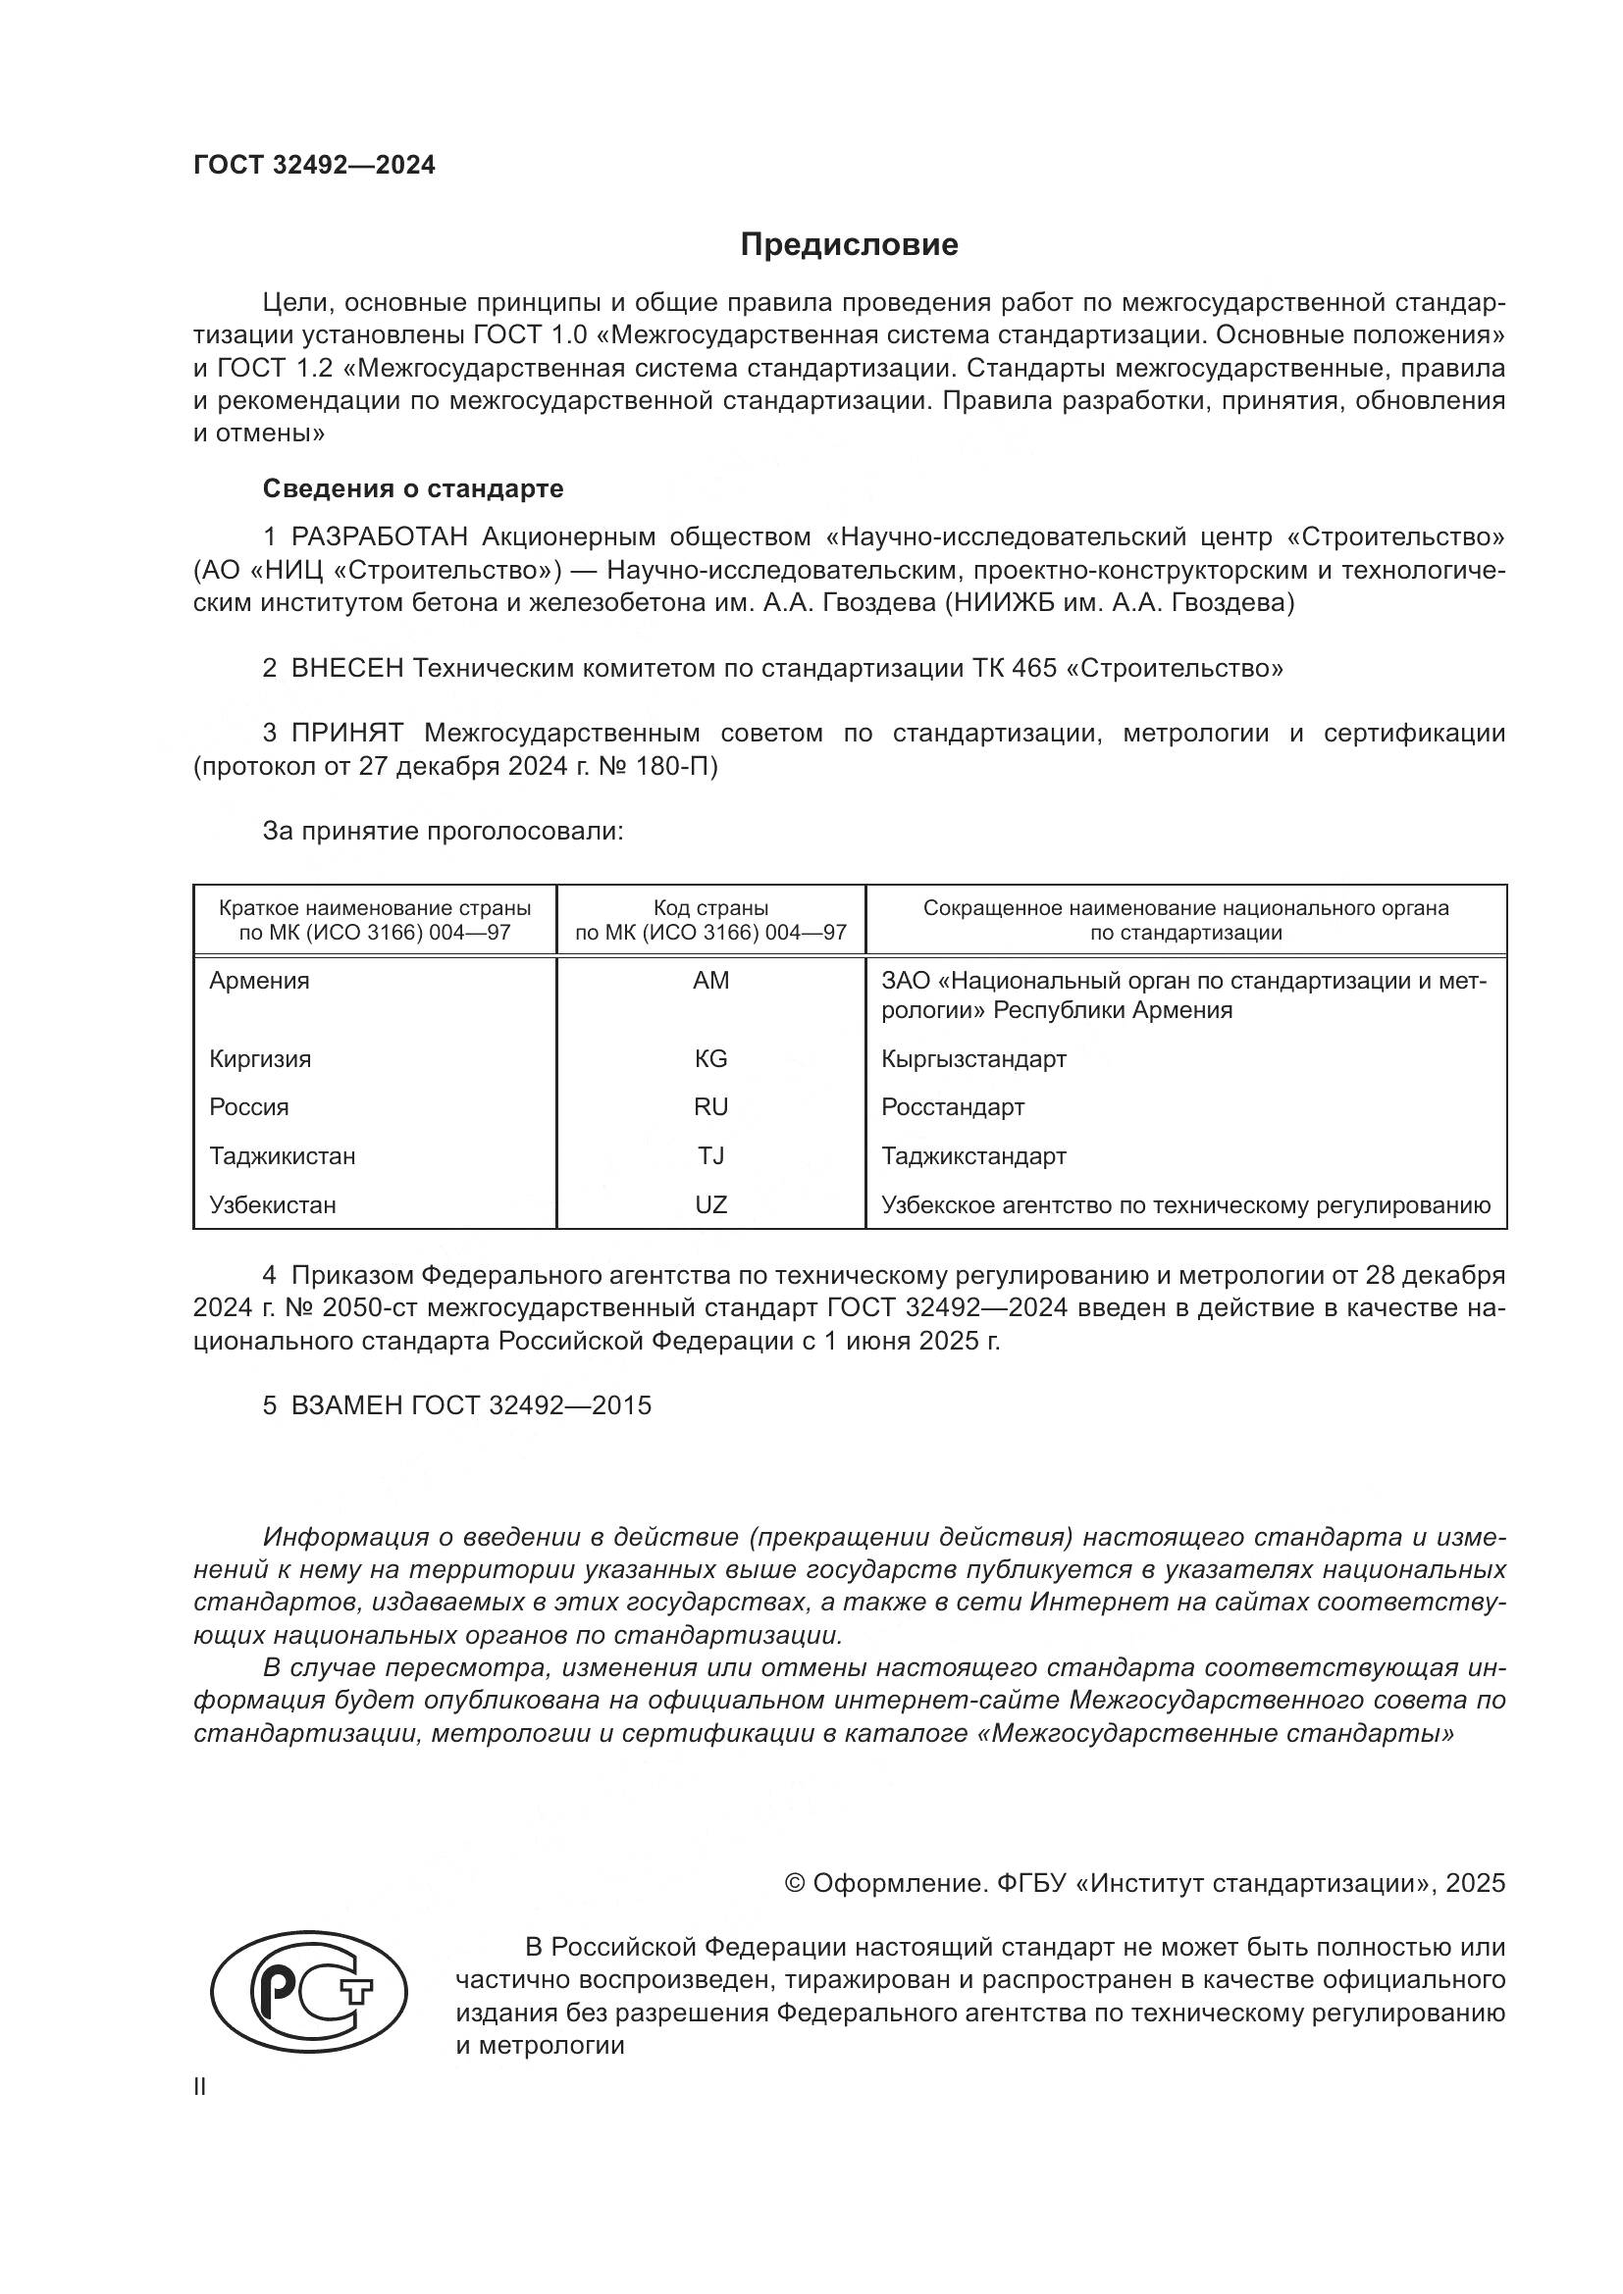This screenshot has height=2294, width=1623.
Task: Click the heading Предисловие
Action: (x=849, y=245)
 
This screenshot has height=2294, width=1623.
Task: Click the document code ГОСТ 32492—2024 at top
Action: (x=315, y=166)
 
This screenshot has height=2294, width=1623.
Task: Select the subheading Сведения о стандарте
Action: (x=413, y=488)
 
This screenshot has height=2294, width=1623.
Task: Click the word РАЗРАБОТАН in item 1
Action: (x=380, y=537)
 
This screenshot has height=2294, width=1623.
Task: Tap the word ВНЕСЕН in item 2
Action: (x=346, y=669)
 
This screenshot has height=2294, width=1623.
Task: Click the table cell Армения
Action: (x=260, y=981)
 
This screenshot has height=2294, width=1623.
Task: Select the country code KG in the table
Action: (x=710, y=1059)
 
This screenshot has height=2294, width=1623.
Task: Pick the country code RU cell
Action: (x=710, y=1107)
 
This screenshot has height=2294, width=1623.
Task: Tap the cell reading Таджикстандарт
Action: (x=973, y=1156)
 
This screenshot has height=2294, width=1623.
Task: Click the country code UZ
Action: (x=710, y=1205)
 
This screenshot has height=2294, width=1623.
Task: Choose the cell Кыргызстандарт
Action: (x=973, y=1059)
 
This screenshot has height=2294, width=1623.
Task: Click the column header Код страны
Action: (x=710, y=908)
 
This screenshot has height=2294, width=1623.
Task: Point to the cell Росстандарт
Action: (x=953, y=1107)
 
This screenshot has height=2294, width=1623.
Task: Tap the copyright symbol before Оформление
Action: (x=795, y=1883)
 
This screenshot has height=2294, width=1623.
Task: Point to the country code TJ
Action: (x=710, y=1156)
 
